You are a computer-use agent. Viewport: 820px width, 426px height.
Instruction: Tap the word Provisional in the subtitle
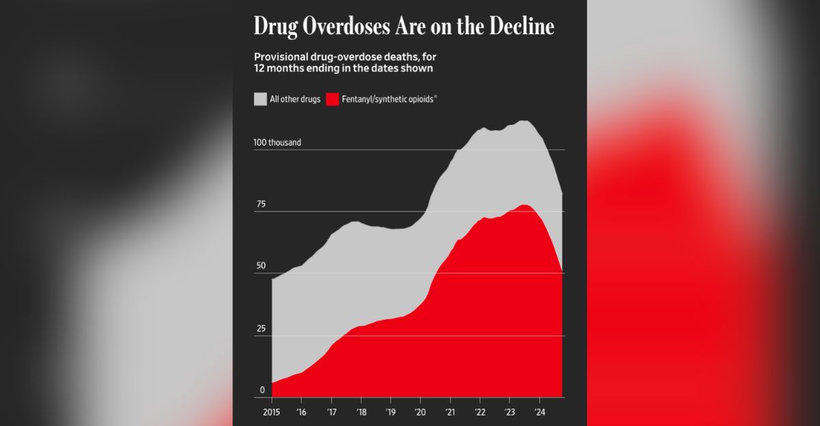coord(282,57)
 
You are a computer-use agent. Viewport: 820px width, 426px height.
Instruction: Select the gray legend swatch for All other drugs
coord(260,99)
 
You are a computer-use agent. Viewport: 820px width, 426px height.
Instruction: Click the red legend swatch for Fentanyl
coord(332,99)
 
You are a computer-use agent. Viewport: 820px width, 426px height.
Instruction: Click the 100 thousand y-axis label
coord(277,143)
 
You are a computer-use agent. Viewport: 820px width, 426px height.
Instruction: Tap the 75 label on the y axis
coord(260,204)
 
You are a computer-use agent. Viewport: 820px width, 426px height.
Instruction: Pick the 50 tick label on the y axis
coord(260,266)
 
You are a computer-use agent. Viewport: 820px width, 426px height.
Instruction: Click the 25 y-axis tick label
coord(260,328)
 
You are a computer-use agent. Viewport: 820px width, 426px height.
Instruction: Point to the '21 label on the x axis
coord(450,412)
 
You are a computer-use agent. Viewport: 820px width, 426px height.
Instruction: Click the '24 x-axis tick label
coord(539,412)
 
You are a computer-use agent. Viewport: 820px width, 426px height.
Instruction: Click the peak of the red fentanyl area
coord(524,205)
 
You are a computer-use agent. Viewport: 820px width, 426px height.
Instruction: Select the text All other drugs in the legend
coord(295,100)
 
